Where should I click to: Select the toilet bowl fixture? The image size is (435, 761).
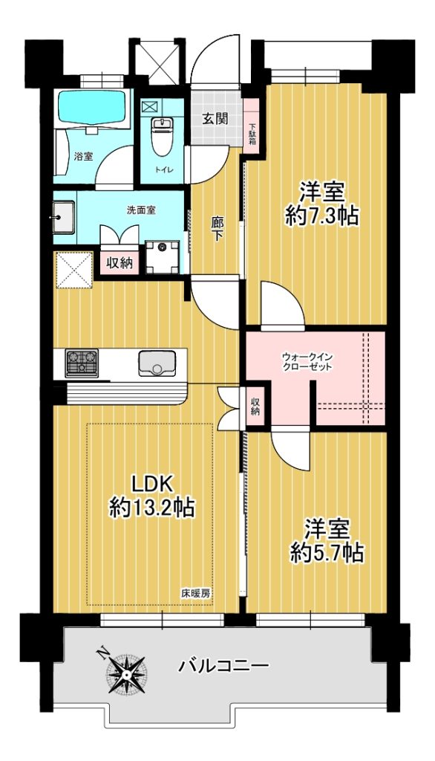pos(159,137)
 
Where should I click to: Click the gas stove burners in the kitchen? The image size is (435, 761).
pos(82,362)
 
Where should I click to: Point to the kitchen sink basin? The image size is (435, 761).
pos(156,363)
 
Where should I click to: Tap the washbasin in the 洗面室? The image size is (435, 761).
pos(64,218)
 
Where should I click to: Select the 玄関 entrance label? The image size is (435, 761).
pos(215,118)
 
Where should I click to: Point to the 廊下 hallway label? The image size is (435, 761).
pos(217,229)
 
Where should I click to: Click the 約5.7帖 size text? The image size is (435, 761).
pos(327,552)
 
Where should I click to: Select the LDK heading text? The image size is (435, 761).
pos(152,484)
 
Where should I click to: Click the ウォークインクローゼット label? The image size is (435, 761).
pos(307,362)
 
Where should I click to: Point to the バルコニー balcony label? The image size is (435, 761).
pos(223,665)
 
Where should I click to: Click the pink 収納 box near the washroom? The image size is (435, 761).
pos(120,263)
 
